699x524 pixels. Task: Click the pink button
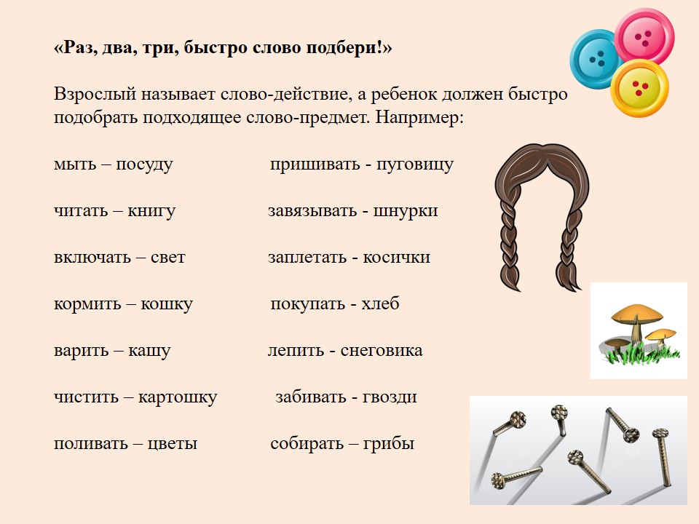click(x=644, y=36)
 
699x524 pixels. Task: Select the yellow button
click(x=640, y=88)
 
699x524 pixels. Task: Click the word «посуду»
click(x=144, y=164)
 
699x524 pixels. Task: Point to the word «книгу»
click(x=151, y=211)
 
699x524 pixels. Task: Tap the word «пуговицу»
click(x=415, y=164)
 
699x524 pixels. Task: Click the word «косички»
click(x=396, y=257)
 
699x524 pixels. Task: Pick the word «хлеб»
click(x=380, y=303)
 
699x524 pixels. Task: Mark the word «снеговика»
click(x=382, y=351)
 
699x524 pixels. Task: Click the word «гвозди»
click(x=390, y=397)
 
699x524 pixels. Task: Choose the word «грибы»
click(x=389, y=444)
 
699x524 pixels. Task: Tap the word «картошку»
click(x=178, y=397)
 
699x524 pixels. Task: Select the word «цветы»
click(x=172, y=444)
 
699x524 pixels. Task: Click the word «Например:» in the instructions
click(x=419, y=118)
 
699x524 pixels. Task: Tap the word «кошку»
click(x=167, y=304)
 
